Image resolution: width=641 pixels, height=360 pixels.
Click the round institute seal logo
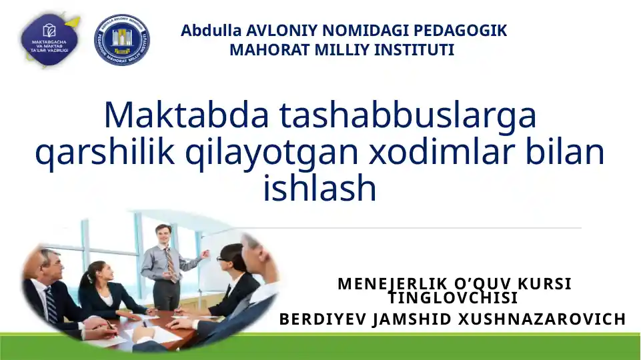click(x=122, y=40)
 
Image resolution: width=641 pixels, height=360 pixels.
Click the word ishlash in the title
click(x=320, y=189)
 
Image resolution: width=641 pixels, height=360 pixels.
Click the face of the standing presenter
click(x=163, y=235)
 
